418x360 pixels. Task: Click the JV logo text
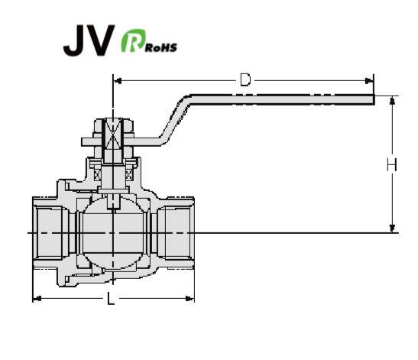click(89, 40)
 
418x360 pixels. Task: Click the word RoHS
click(161, 47)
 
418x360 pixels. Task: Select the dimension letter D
click(245, 79)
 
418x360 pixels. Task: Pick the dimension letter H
click(392, 164)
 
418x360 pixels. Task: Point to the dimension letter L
click(111, 298)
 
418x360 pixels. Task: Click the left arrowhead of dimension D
click(118, 80)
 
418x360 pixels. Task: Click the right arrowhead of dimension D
click(369, 80)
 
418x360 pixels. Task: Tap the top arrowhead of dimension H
click(392, 100)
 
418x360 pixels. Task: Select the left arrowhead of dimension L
click(37, 298)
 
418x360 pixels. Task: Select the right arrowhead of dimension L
click(190, 298)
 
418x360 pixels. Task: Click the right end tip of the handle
click(374, 99)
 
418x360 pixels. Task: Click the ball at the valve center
click(114, 233)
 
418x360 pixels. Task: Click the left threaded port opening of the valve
click(50, 233)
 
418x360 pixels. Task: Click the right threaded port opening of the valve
click(177, 233)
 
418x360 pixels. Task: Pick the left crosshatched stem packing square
click(98, 175)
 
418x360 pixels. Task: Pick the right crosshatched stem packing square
click(129, 175)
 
